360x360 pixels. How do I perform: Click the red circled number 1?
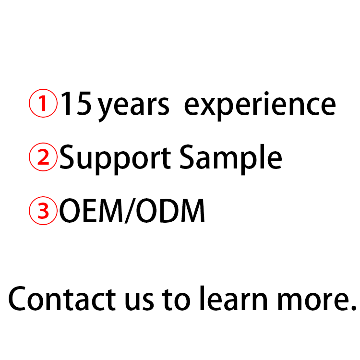43,104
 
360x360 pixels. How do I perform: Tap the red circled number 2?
43,158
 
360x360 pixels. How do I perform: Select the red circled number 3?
43,212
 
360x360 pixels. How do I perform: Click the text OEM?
91,212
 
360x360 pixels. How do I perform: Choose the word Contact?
62,298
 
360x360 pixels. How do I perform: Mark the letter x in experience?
207,108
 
